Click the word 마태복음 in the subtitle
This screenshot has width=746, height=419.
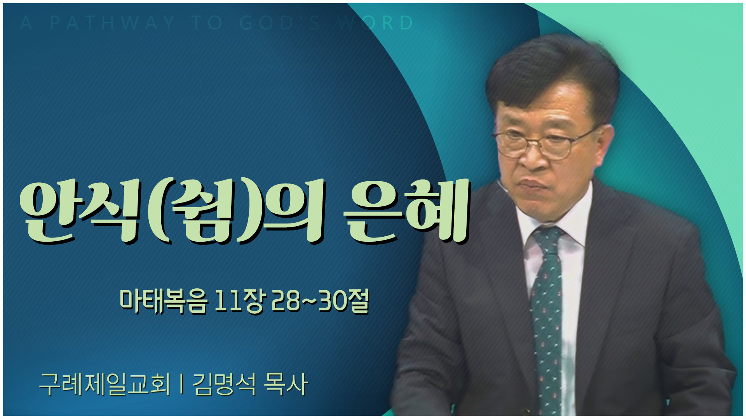click(x=163, y=301)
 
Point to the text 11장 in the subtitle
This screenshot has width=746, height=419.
click(x=240, y=301)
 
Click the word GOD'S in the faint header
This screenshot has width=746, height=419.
click(x=280, y=23)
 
